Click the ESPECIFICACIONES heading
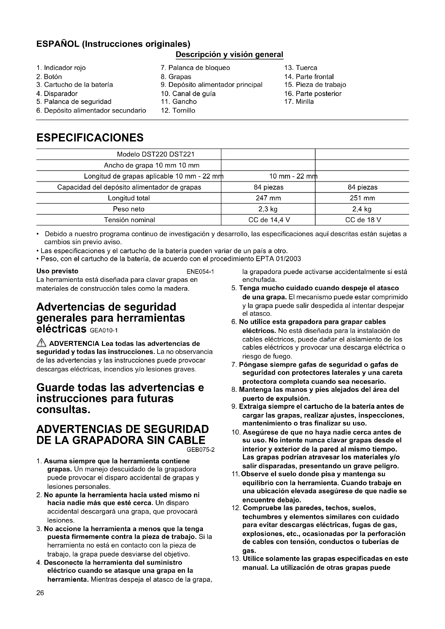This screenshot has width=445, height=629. pyautogui.click(x=90, y=137)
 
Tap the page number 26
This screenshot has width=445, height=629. pyautogui.click(x=40, y=593)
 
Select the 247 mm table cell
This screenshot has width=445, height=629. pyautogui.click(x=268, y=198)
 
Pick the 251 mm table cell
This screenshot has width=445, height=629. pyautogui.click(x=362, y=198)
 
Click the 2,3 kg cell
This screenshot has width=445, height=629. pyautogui.click(x=268, y=209)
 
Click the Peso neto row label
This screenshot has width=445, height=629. pyautogui.click(x=129, y=209)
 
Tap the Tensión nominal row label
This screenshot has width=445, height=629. pyautogui.click(x=129, y=220)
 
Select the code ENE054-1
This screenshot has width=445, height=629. pyautogui.click(x=200, y=272)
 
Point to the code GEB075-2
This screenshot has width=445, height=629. pyautogui.click(x=201, y=450)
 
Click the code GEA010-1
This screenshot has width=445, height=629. pyautogui.click(x=103, y=331)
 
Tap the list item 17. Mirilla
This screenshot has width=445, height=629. pyautogui.click(x=299, y=102)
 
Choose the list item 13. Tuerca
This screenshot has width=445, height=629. pyautogui.click(x=301, y=68)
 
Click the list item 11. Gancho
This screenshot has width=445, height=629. pyautogui.click(x=179, y=102)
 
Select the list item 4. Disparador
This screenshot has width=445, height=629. pyautogui.click(x=57, y=94)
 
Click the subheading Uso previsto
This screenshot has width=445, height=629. pyautogui.click(x=57, y=271)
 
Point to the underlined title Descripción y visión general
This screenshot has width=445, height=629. pyautogui.click(x=229, y=54)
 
